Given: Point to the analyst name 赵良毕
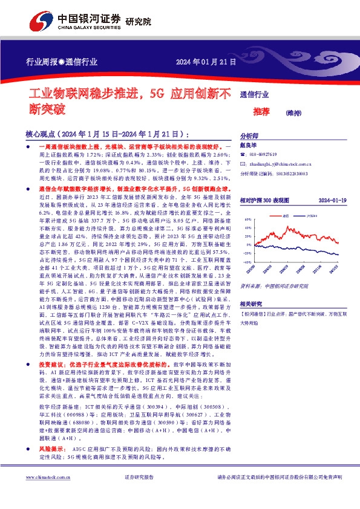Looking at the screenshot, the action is (249, 146).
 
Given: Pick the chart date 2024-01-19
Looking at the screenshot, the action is (331, 199).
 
